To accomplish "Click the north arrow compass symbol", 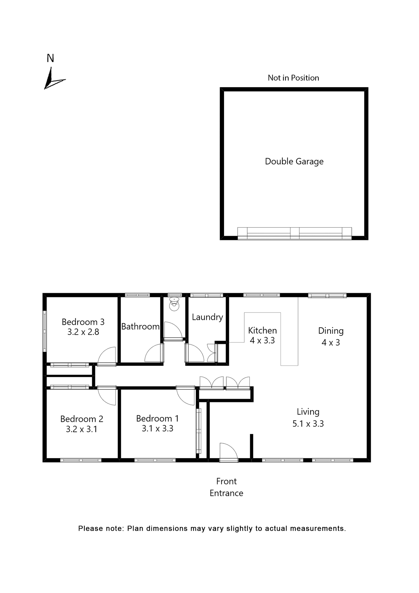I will pos(53,80).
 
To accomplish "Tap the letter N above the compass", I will pos(50,58).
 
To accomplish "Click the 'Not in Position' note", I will pos(293,78).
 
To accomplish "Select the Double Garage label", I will pos(294,161).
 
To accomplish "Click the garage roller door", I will pos(294,233).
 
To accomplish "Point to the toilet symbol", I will pos(174,304).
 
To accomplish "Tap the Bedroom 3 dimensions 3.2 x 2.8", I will pos(83,332).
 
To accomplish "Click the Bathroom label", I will pos(140,326).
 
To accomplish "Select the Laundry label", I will pos(207,317).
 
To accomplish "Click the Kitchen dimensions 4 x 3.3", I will pos(262,340).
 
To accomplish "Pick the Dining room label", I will pos(331,331).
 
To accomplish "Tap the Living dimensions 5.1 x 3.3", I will pos(308,423).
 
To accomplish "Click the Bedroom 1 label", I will pos(157,418).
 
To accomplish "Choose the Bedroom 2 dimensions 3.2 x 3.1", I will pos(81,429).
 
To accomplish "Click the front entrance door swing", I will pos(228,452).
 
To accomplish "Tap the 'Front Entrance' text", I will pos(226,487).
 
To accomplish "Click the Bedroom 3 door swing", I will pos(107,356).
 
